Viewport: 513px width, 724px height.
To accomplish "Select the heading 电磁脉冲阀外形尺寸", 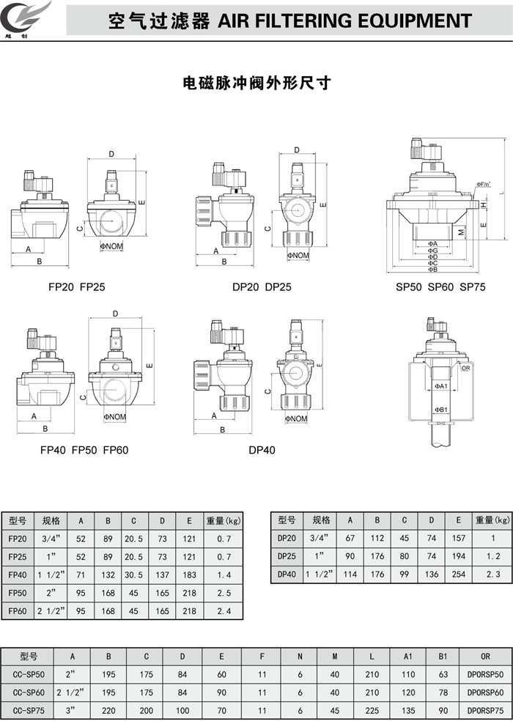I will [x=256, y=83].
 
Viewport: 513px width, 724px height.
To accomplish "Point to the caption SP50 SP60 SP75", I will [x=440, y=287].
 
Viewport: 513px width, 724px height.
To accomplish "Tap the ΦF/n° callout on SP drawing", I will [x=483, y=184].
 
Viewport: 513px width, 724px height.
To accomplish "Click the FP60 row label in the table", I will [x=18, y=610].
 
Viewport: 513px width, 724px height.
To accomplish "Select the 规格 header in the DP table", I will [x=321, y=520].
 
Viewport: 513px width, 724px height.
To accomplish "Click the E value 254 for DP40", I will [x=458, y=575].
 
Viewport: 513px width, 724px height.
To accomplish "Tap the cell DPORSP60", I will [x=485, y=692].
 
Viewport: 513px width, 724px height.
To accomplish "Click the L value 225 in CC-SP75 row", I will [x=372, y=710].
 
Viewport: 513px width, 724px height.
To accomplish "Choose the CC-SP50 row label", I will [x=29, y=674].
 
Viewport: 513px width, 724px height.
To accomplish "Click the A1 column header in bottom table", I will [x=408, y=657].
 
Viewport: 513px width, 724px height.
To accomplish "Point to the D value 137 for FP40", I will [x=162, y=575].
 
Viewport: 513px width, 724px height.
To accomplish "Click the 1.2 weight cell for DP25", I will [x=492, y=557].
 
